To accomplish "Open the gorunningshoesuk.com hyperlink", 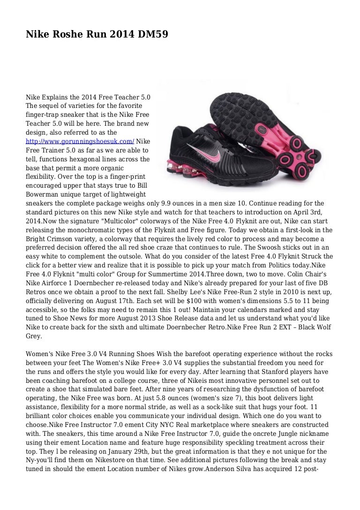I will [80, 141].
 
